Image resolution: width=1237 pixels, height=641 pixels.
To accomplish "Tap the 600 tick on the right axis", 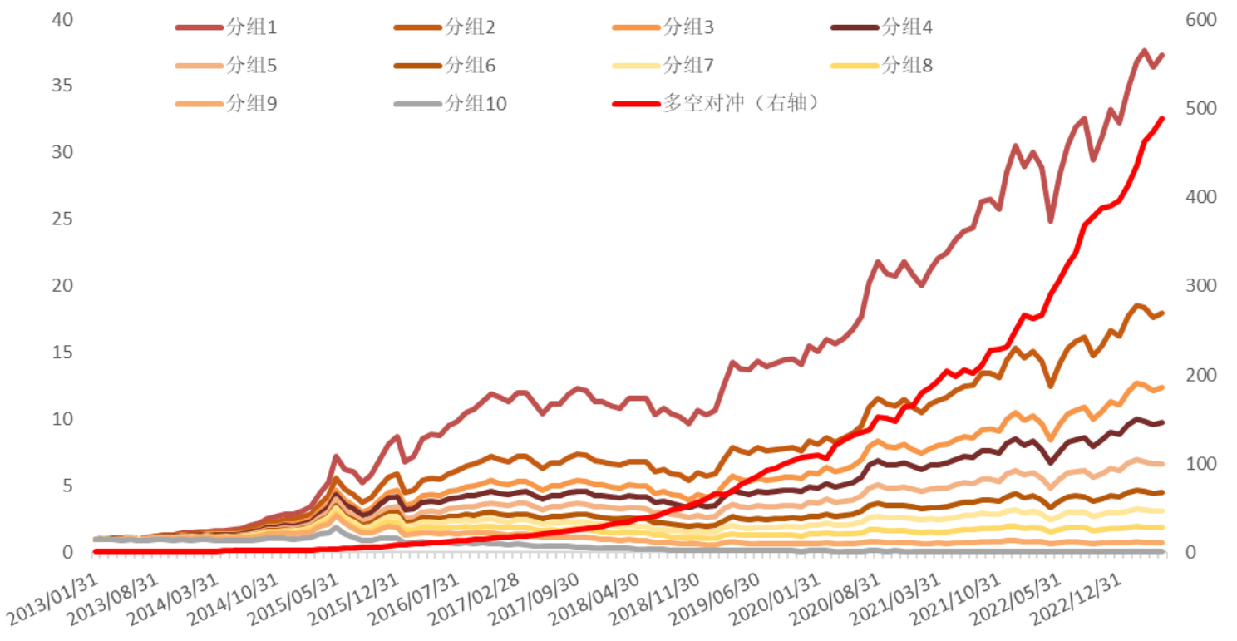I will [x=1198, y=20].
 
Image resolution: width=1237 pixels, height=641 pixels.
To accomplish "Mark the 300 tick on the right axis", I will [x=1198, y=286].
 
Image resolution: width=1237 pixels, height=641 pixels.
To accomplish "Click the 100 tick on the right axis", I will [x=1198, y=464].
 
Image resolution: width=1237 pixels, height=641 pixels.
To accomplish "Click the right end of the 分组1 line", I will [x=1161, y=55].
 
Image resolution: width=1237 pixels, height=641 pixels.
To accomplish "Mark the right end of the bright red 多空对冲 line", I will [x=1161, y=119].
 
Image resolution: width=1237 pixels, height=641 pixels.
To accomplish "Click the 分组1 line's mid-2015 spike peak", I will [x=335, y=456].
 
